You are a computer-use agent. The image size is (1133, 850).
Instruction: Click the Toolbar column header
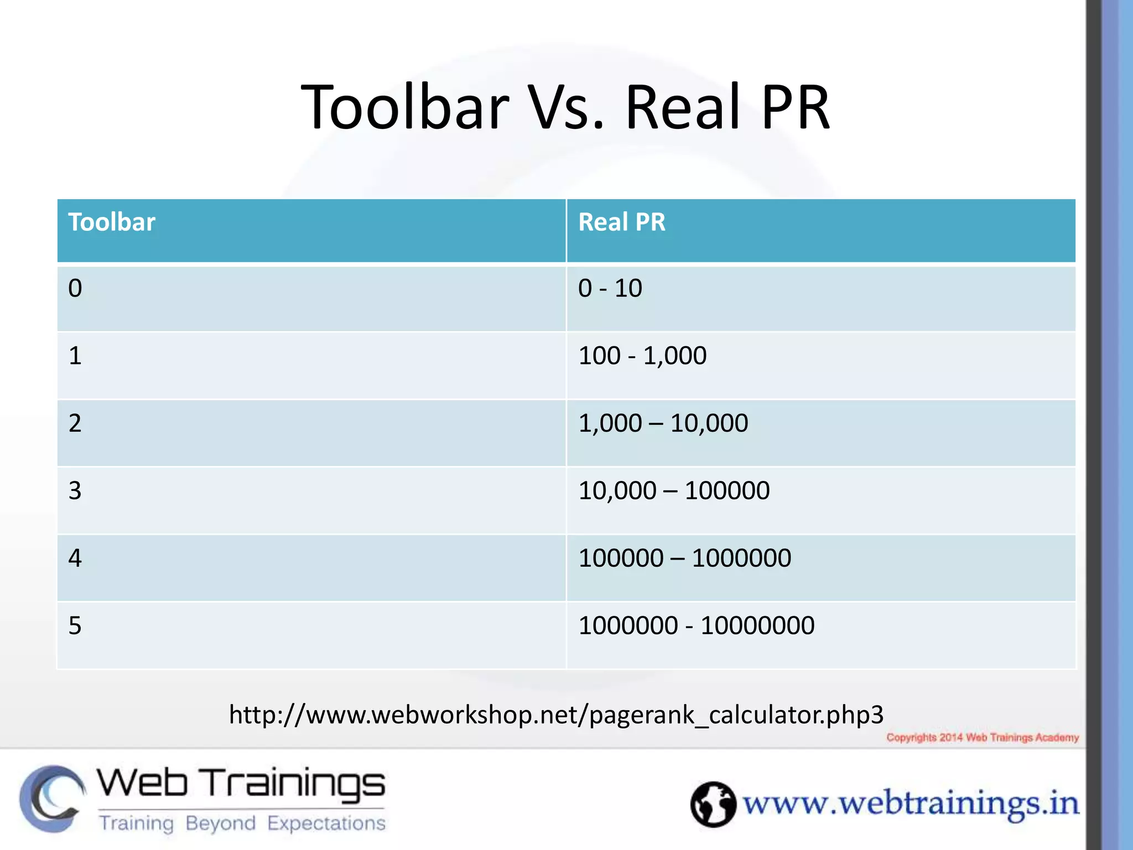tap(112, 222)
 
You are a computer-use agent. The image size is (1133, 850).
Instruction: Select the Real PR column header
tap(621, 222)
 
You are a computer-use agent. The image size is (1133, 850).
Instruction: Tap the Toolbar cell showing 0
tap(75, 288)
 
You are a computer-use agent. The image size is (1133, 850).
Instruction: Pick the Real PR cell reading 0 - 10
tap(610, 288)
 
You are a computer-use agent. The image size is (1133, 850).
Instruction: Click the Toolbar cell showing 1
tap(75, 356)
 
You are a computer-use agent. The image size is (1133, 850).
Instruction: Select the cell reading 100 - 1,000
tap(642, 356)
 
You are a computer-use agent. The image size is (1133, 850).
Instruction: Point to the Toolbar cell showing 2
tap(75, 423)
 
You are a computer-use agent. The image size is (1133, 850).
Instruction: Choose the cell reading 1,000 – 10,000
tap(663, 423)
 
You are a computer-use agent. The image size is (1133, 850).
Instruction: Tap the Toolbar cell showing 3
tap(75, 491)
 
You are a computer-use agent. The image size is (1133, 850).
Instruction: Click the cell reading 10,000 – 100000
tap(673, 491)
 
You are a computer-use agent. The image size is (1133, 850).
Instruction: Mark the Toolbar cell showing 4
tap(75, 558)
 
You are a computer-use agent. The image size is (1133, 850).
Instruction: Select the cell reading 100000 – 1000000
tap(684, 558)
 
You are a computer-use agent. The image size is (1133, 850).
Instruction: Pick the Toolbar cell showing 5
tap(75, 626)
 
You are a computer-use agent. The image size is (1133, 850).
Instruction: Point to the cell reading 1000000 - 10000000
tap(696, 626)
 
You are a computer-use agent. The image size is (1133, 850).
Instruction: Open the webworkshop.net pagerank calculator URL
tap(556, 715)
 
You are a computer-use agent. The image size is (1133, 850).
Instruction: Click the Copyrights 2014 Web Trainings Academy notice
tap(983, 738)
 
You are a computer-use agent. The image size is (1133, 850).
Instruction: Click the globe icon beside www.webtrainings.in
tap(713, 804)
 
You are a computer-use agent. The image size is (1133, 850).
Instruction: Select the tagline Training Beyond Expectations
tap(242, 823)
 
